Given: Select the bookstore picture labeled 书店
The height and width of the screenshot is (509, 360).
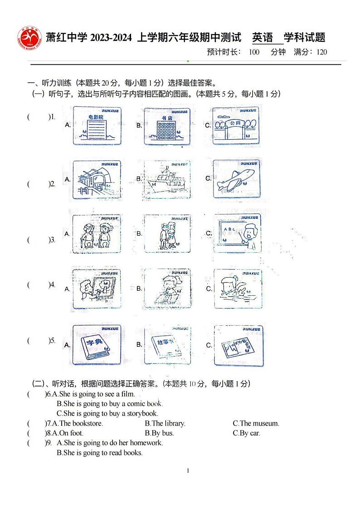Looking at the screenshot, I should pyautogui.click(x=167, y=126).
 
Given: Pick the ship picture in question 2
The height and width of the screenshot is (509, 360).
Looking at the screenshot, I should pyautogui.click(x=167, y=180).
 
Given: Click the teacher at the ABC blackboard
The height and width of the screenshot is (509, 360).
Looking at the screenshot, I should pyautogui.click(x=237, y=233).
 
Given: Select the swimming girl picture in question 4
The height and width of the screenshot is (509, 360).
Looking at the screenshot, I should pyautogui.click(x=237, y=289).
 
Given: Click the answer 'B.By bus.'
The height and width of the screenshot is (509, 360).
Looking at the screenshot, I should pyautogui.click(x=159, y=433).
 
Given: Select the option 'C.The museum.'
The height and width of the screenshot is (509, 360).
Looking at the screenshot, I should pyautogui.click(x=256, y=424).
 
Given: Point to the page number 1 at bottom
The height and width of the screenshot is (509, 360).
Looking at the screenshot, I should pyautogui.click(x=188, y=471).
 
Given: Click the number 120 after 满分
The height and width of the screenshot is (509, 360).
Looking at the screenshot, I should pyautogui.click(x=321, y=52).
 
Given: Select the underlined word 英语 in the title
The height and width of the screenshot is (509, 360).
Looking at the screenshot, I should pyautogui.click(x=263, y=38).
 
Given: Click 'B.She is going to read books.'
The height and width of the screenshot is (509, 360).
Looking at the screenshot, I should pyautogui.click(x=99, y=453).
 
